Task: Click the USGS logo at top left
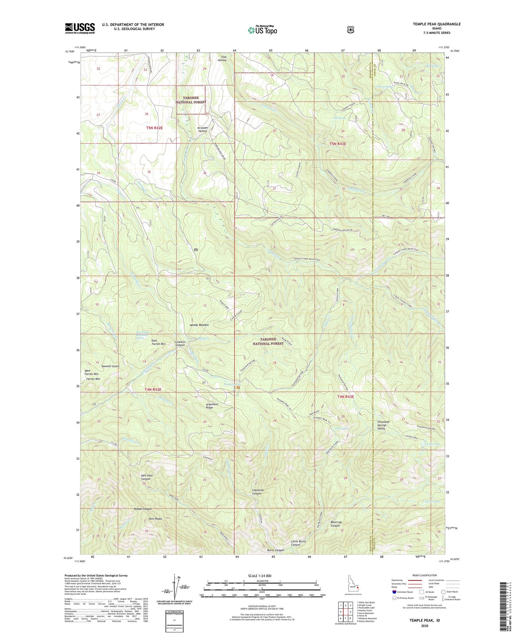[x=80, y=28]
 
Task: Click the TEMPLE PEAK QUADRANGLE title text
[x=437, y=24]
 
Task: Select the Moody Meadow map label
[x=199, y=325]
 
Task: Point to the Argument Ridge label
[x=212, y=406]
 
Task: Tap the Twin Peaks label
[x=155, y=519]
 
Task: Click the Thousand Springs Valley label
[x=383, y=425]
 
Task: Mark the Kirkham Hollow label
[x=202, y=129]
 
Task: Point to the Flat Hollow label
[x=222, y=59]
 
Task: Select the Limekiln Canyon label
[x=180, y=343]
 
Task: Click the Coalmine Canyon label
[x=257, y=492]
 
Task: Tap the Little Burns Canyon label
[x=298, y=543]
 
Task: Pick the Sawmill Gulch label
[x=110, y=366]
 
